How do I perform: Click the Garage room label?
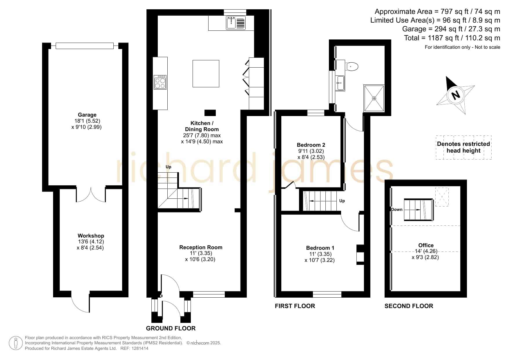pyautogui.click(x=87, y=115)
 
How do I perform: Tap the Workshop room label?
pyautogui.click(x=91, y=236)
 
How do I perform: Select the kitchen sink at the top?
pyautogui.click(x=236, y=23)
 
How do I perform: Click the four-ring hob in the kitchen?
pyautogui.click(x=160, y=82)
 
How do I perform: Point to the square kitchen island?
pyautogui.click(x=206, y=74)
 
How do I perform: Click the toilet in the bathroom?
pyautogui.click(x=352, y=66)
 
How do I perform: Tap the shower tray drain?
pyautogui.click(x=374, y=98)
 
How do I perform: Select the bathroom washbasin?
pyautogui.click(x=340, y=83)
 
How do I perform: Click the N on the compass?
pyautogui.click(x=456, y=95)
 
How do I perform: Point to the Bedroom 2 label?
pyautogui.click(x=311, y=145)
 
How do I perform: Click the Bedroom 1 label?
pyautogui.click(x=320, y=248)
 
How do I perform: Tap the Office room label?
pyautogui.click(x=426, y=245)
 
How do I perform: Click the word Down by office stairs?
pyautogui.click(x=397, y=209)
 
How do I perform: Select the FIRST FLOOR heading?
pyautogui.click(x=295, y=306)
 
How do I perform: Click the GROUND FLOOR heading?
pyautogui.click(x=171, y=328)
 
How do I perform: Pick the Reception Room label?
pyautogui.click(x=201, y=247)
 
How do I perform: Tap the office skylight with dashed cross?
pyautogui.click(x=442, y=197)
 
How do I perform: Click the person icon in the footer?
pyautogui.click(x=16, y=343)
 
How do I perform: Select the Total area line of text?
pyautogui.click(x=452, y=38)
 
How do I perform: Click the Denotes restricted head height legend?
pyautogui.click(x=463, y=147)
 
